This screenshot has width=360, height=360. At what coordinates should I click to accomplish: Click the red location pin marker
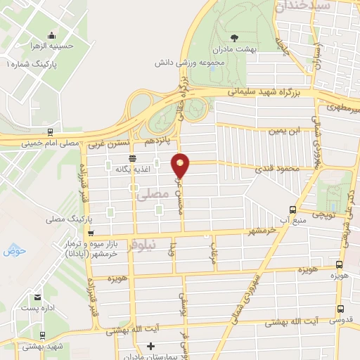pos(181,165)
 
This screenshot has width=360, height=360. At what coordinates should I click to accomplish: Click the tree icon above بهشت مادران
pos(234,37)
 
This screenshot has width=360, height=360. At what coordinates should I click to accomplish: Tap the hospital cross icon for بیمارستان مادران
pos(150,346)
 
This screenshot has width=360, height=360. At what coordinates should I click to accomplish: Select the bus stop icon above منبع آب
pos(293,210)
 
